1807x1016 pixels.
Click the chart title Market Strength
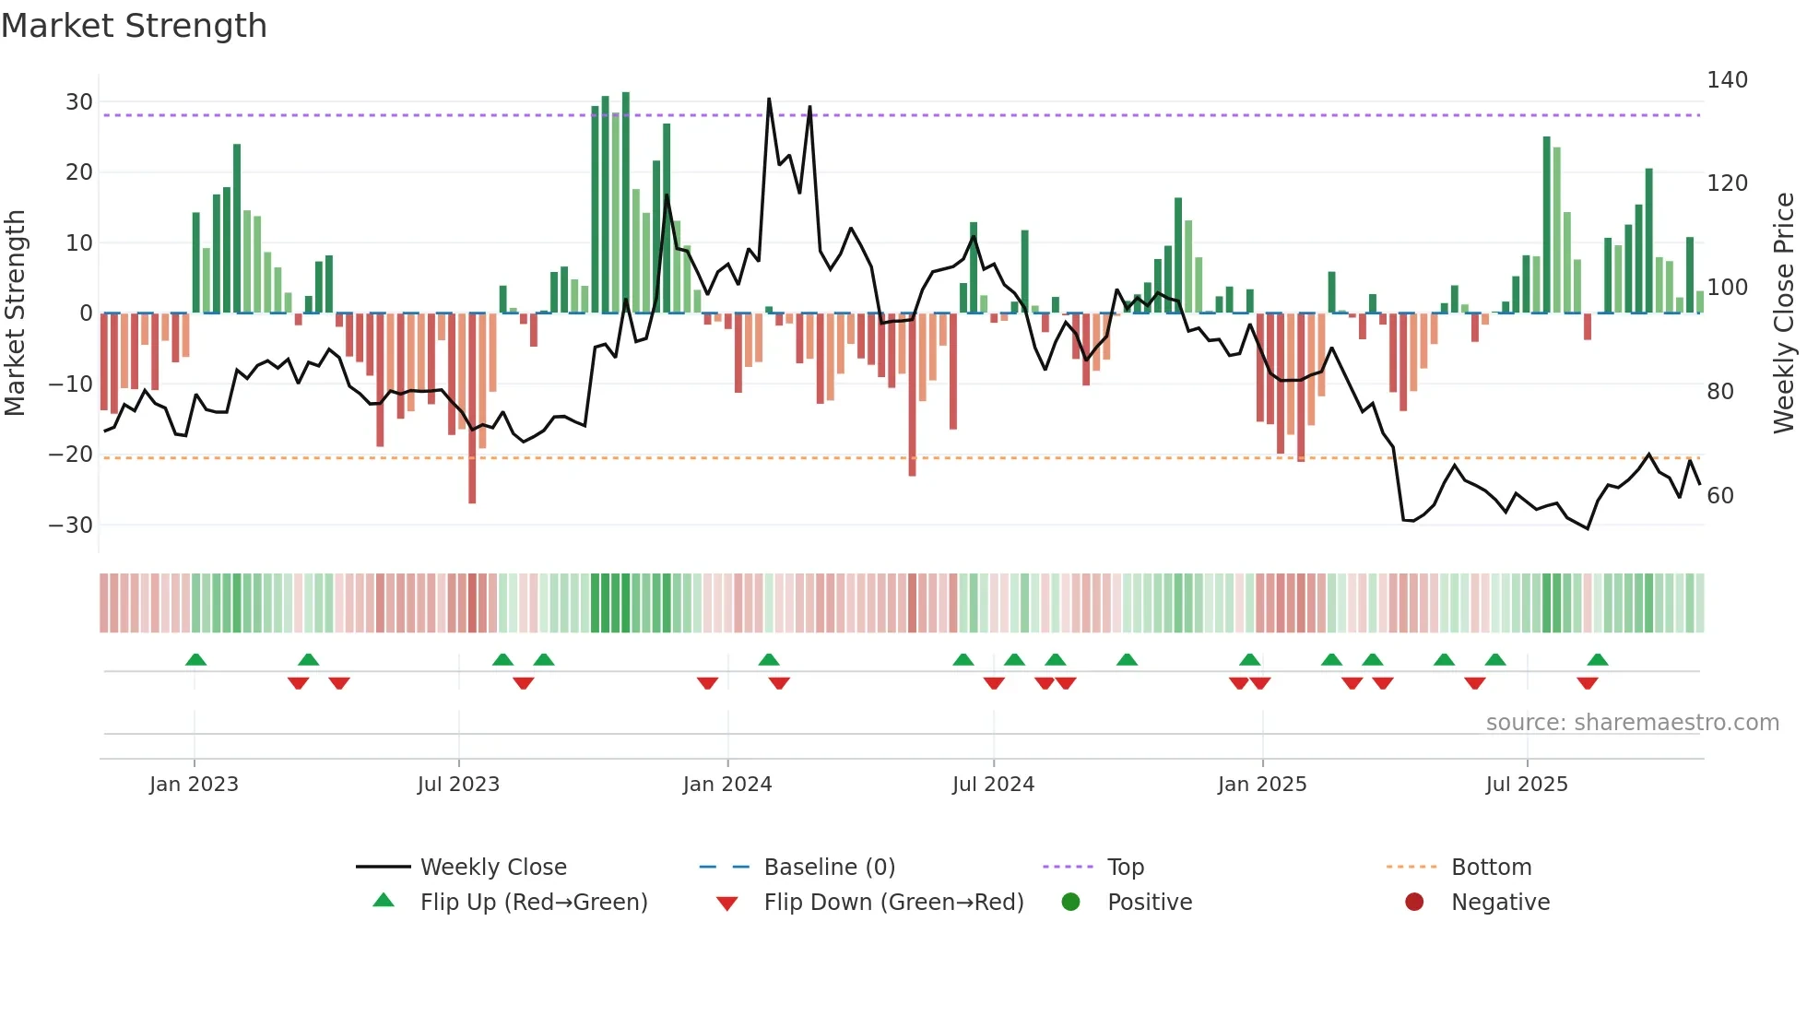pyautogui.click(x=134, y=26)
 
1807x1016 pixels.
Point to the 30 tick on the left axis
pyautogui.click(x=78, y=102)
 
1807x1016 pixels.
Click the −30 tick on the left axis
pyautogui.click(x=71, y=526)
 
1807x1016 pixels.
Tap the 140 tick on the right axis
pyautogui.click(x=1727, y=80)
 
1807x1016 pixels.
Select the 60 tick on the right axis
pyautogui.click(x=1720, y=496)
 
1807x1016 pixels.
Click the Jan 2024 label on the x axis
pyautogui.click(x=726, y=785)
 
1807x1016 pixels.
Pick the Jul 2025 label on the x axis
pyautogui.click(x=1526, y=785)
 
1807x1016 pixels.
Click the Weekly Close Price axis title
pyautogui.click(x=1784, y=313)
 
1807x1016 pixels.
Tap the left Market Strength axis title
pyautogui.click(x=15, y=313)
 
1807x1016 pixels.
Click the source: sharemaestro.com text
pyautogui.click(x=1632, y=723)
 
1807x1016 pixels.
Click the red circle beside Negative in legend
pyautogui.click(x=1414, y=902)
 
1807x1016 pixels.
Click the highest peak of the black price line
pyautogui.click(x=769, y=100)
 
